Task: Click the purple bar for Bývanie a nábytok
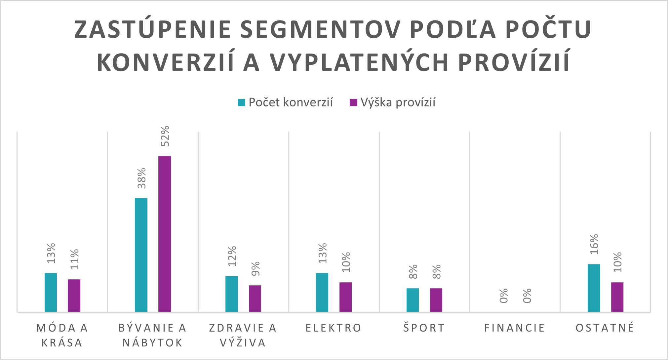165,234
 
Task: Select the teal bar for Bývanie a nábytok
141,255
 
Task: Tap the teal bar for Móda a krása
51,292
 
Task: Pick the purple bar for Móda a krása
74,296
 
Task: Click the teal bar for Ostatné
594,288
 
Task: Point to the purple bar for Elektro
345,297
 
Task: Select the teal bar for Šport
413,300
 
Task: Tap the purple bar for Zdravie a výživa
255,299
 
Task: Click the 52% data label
165,136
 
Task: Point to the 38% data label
141,178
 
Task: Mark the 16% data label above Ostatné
594,244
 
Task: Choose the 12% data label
232,256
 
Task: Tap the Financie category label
515,328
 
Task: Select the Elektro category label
334,328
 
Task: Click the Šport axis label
424,328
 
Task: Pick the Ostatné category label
605,328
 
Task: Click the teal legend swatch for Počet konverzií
242,102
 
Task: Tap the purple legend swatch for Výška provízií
353,102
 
